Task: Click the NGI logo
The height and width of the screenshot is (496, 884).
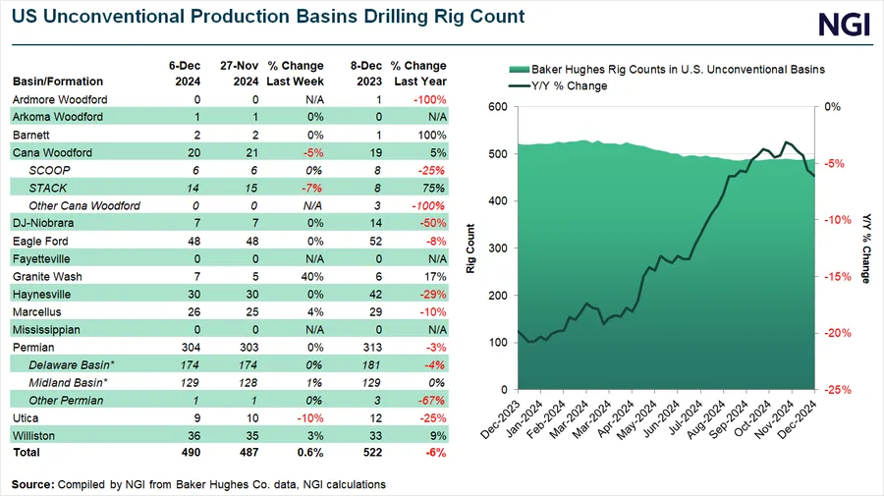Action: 844,25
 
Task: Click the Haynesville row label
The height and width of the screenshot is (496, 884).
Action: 41,295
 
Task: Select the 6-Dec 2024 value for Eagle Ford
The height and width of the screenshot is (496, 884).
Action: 193,242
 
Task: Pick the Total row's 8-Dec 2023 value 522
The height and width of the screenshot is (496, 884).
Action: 372,453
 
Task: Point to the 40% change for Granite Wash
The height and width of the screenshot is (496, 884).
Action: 312,277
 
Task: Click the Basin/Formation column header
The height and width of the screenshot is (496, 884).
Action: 58,82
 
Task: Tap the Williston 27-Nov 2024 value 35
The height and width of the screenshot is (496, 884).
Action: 252,436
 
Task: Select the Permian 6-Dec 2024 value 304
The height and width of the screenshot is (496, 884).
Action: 192,348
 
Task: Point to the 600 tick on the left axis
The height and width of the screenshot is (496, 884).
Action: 498,106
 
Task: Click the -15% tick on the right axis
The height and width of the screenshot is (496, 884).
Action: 838,277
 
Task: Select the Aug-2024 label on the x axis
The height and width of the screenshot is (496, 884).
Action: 705,420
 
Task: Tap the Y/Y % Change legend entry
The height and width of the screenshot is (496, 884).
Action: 558,86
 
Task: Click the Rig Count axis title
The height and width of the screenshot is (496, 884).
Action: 470,248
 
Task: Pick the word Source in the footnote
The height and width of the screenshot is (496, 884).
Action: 32,485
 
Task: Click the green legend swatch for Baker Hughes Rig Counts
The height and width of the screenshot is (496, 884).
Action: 520,70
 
